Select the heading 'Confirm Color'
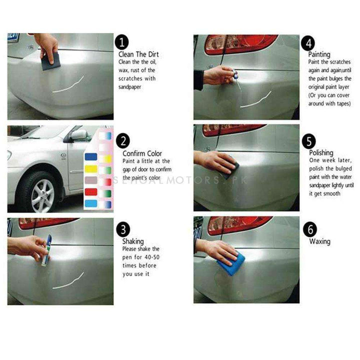pos(142,153)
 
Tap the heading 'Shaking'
pos(132,241)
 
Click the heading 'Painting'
pos(319,54)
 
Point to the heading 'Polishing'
pos(320,152)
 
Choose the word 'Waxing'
pos(319,241)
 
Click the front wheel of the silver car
pos(42,192)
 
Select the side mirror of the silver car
pos(78,135)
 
